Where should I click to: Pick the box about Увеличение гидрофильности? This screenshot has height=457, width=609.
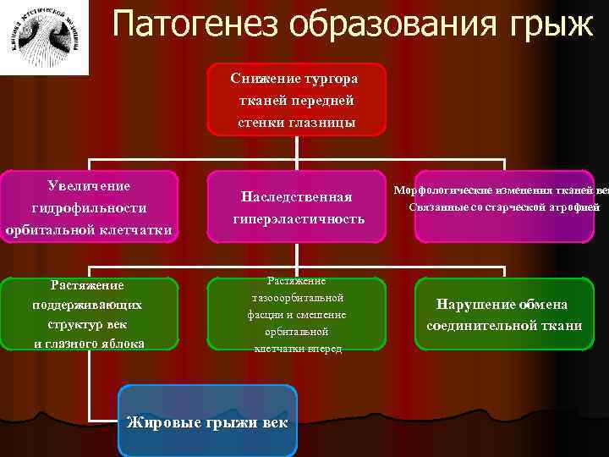pos(89,207)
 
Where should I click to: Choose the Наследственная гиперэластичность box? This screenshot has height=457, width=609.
pos(295,207)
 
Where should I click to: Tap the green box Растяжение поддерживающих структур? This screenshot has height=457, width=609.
pos(89,314)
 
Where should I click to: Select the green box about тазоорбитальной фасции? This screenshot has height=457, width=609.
pos(295,314)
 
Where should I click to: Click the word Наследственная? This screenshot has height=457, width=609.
pos(296,196)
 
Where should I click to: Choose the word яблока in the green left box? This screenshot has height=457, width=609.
pos(122,343)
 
